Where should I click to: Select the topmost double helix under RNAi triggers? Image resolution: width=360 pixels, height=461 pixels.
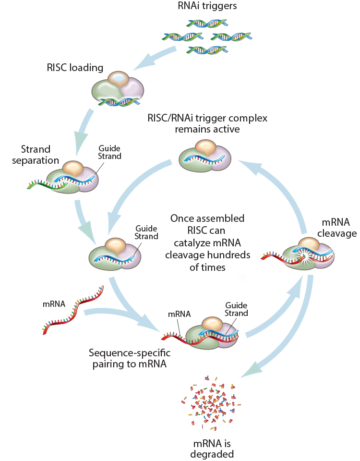point(207,23)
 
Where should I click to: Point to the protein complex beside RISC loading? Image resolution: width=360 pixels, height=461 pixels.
point(118,87)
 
